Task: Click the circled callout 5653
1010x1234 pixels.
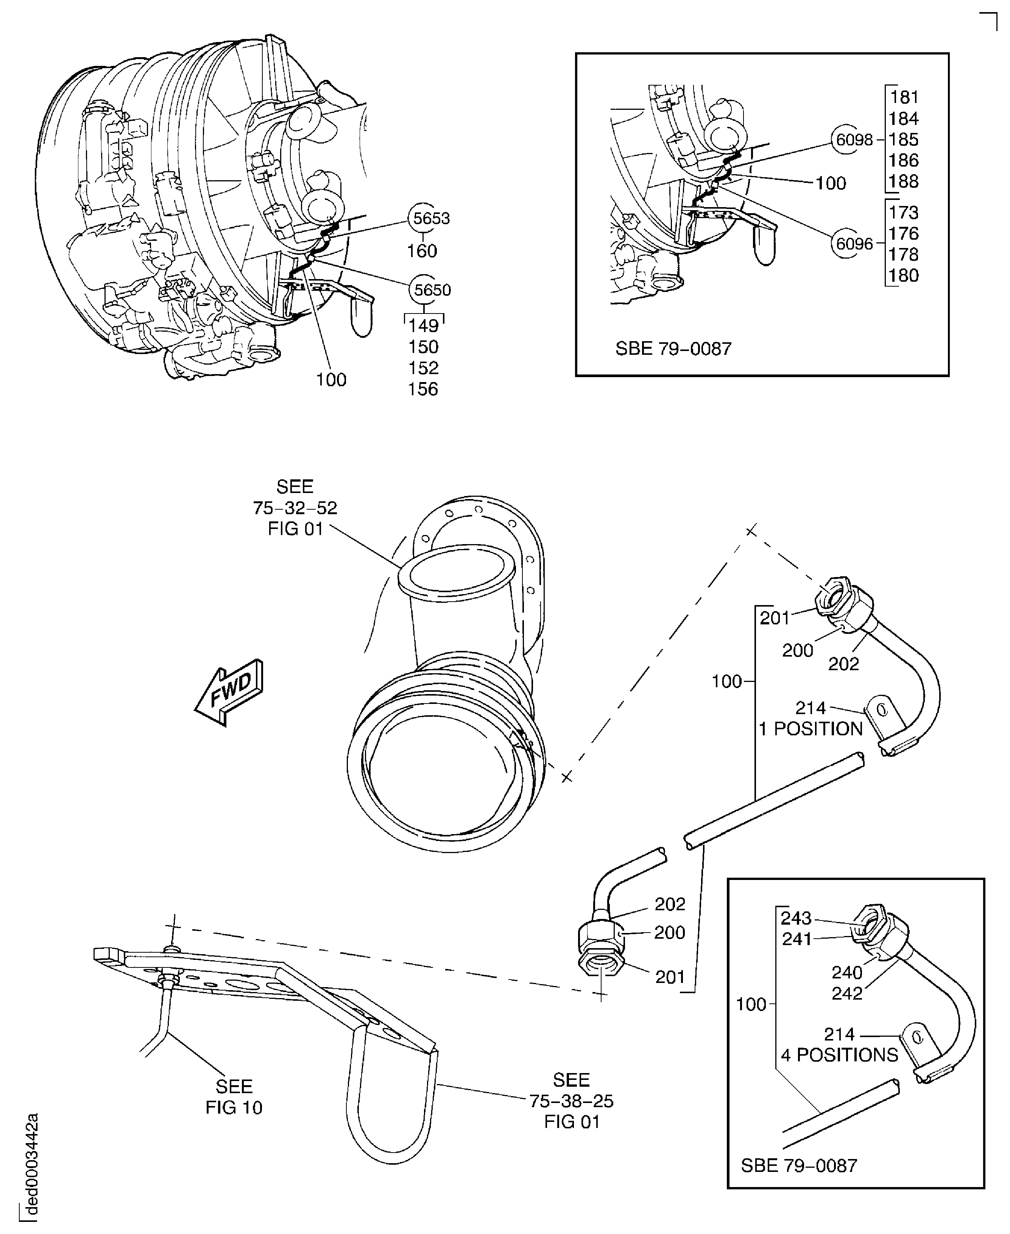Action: coord(430,219)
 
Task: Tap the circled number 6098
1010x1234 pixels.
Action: coord(854,140)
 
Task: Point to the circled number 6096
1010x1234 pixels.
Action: coord(854,244)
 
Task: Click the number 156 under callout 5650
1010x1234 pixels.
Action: coord(423,389)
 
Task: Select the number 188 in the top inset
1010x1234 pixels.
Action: coord(904,181)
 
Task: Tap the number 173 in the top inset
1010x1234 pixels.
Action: coord(904,212)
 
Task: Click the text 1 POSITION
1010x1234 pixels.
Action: coord(810,729)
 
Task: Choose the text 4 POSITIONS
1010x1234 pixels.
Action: coord(840,1055)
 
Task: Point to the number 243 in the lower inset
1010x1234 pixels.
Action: coord(796,918)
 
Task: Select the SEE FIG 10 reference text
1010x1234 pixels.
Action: coord(234,1097)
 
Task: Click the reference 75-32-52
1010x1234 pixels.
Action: coord(295,508)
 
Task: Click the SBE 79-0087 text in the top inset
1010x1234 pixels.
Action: coord(673,348)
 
